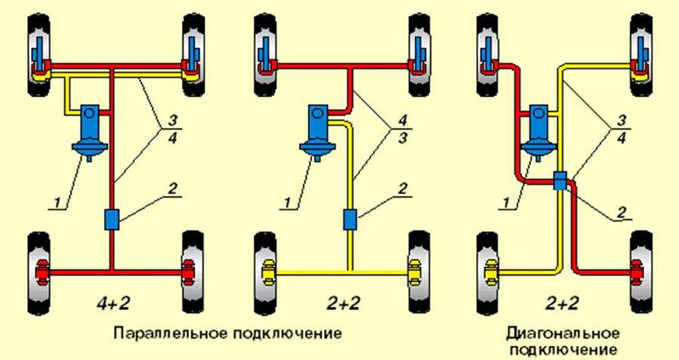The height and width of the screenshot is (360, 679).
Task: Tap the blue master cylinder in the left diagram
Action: pos(90,130)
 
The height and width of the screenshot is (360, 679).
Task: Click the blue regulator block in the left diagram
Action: pos(113,219)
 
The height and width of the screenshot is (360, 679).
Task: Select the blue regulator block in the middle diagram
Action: pos(351,219)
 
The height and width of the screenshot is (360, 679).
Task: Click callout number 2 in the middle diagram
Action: pos(403,189)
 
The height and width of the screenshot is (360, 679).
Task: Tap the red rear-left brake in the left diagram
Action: pos(43,274)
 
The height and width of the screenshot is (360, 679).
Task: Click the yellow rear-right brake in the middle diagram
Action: pos(414,274)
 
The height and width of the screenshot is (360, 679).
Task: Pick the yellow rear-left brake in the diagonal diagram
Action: pos(492,274)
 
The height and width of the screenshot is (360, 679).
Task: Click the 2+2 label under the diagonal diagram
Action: pos(565,302)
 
